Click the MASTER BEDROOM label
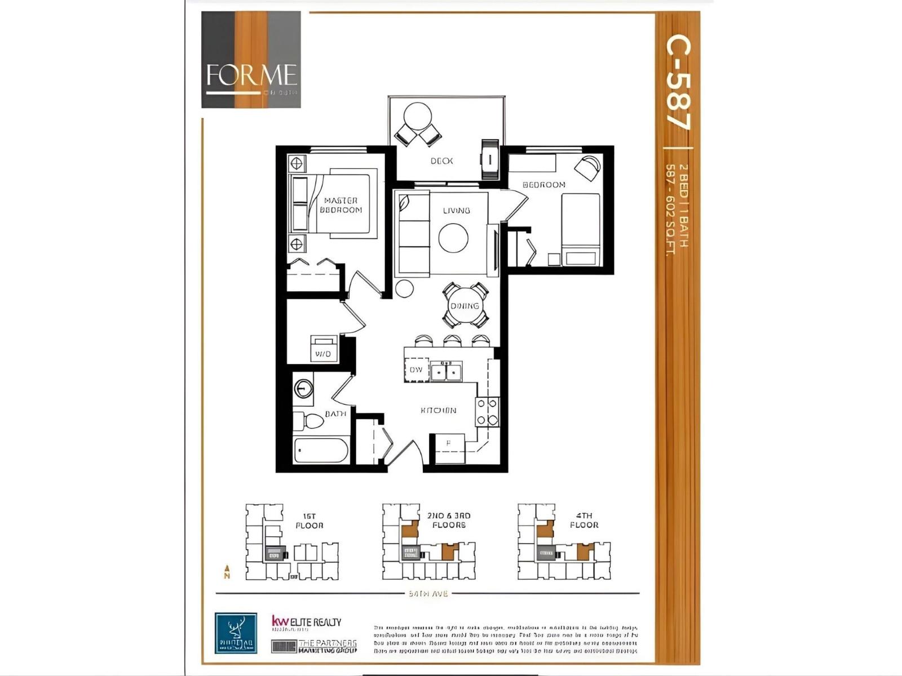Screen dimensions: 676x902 click(x=341, y=205)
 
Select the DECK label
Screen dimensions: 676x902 click(x=441, y=161)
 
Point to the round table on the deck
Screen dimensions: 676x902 click(x=418, y=116)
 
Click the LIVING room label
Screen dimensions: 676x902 click(x=456, y=211)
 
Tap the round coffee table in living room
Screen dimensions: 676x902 click(x=453, y=238)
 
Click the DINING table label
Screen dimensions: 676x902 click(x=465, y=306)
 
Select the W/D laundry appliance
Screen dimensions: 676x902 click(x=324, y=349)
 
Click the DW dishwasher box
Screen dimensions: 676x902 click(x=416, y=370)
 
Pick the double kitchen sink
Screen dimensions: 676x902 click(x=446, y=372)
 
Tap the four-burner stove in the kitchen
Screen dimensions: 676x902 click(x=487, y=412)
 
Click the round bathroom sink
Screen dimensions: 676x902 click(x=303, y=388)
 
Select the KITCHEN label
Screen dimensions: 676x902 click(x=438, y=411)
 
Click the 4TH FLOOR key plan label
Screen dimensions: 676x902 click(x=584, y=520)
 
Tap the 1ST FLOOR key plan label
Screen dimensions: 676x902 click(x=309, y=521)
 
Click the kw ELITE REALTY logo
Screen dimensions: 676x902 click(x=306, y=622)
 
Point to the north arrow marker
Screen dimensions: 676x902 click(x=227, y=572)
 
